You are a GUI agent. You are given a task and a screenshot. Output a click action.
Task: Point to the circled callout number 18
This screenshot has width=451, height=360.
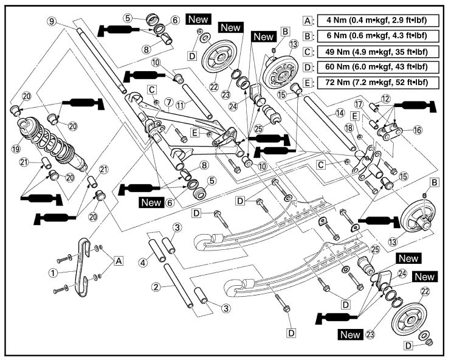pos(349,128)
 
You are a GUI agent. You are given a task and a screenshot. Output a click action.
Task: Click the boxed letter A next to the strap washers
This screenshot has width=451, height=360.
pos(118,260)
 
